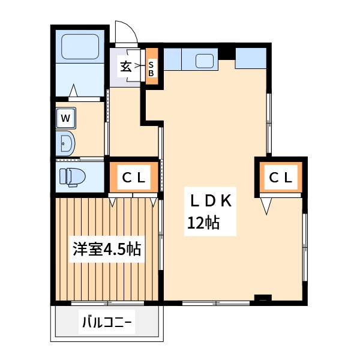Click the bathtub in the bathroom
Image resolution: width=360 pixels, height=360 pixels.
80,47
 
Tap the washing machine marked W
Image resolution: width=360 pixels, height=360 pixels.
65,118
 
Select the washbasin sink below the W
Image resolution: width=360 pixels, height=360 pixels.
65,143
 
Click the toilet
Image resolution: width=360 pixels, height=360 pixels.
72,177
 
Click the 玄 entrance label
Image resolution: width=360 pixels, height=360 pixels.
126,67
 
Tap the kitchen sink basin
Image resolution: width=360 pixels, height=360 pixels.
205,61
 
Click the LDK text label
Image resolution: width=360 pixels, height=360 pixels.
210,201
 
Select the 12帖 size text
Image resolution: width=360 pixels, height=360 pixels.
203,223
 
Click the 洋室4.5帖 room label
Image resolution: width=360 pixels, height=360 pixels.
107,249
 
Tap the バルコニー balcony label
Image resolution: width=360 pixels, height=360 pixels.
107,322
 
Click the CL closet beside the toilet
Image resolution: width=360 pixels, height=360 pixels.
134,177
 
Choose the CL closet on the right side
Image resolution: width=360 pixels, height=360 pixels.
281,177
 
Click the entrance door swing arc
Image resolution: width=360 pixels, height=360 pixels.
130,29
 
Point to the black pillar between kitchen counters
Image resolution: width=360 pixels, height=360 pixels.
227,54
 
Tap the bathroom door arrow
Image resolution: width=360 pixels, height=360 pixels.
73,91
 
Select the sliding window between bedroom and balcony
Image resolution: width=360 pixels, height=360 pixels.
107,303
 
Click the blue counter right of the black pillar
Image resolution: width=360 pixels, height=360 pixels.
251,58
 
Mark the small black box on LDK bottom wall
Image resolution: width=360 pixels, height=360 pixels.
263,298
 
